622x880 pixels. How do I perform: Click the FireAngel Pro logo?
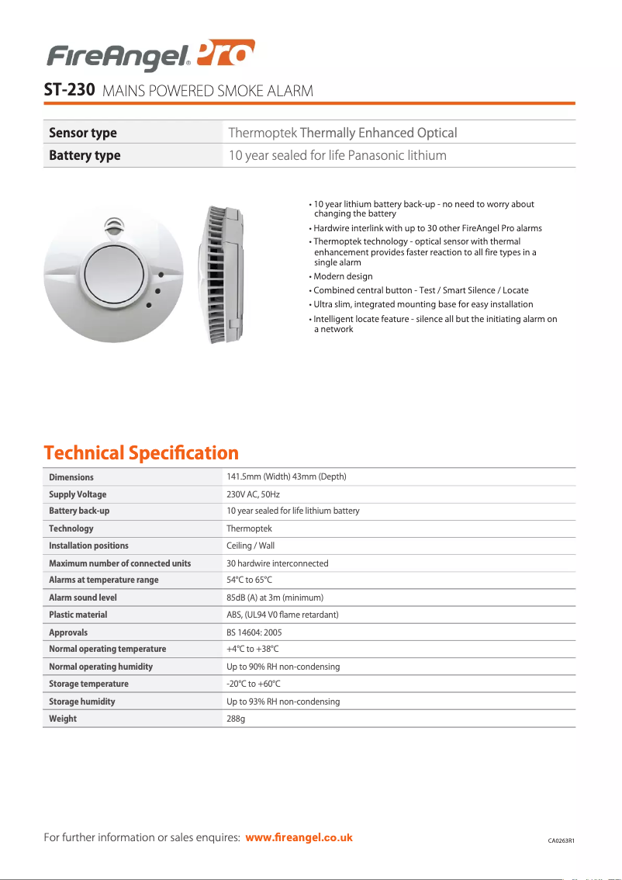pos(150,55)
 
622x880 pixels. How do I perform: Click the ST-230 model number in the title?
pos(69,90)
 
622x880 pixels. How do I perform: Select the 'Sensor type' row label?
pos(83,133)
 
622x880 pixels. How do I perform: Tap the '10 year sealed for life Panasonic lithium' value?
pos(337,155)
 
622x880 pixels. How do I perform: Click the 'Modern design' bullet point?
pos(342,276)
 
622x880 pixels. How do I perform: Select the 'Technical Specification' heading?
pos(141,452)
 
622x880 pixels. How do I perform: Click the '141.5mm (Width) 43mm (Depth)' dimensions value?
pos(286,476)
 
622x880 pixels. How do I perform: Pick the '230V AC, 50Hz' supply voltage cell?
pos(253,494)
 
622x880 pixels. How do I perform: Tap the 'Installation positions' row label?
pos(88,546)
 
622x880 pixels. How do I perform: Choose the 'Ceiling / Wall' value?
pos(251,546)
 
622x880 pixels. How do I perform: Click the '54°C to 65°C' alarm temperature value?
pos(249,580)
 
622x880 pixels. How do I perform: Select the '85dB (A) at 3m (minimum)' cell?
pos(275,598)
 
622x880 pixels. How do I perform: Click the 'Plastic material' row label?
pos(78,615)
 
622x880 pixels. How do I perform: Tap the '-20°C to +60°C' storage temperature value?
pos(253,684)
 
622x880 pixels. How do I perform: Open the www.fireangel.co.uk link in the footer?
pos(299,837)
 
